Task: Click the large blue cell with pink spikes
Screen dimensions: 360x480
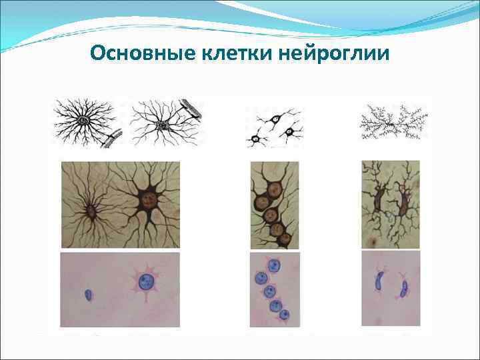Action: (x=145, y=283)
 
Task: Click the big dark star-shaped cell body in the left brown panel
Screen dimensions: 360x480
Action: (x=148, y=200)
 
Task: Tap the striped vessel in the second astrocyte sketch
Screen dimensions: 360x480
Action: (x=191, y=111)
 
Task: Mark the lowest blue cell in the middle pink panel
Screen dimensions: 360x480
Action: (x=284, y=314)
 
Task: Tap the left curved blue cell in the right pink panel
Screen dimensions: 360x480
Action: (x=381, y=281)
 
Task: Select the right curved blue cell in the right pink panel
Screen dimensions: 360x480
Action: (x=404, y=289)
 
